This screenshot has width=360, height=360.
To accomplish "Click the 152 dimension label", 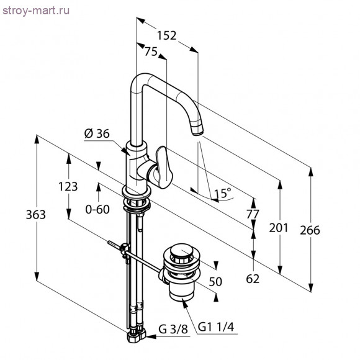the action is pyautogui.click(x=167, y=35).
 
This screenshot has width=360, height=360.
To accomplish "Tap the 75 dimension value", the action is pyautogui.click(x=151, y=52).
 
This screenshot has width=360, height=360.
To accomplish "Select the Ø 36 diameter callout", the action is pyautogui.click(x=97, y=133).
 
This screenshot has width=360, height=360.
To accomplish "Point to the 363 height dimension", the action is pyautogui.click(x=36, y=215).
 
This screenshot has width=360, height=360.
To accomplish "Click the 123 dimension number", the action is pyautogui.click(x=68, y=186).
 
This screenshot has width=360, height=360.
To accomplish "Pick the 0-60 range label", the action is pyautogui.click(x=97, y=209).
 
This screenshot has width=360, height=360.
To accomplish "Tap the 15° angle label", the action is pyautogui.click(x=223, y=193).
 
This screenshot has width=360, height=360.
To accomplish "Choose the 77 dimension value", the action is pyautogui.click(x=253, y=214).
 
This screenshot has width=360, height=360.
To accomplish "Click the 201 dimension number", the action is pyautogui.click(x=279, y=228).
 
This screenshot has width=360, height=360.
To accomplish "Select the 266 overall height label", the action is pyautogui.click(x=310, y=230).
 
